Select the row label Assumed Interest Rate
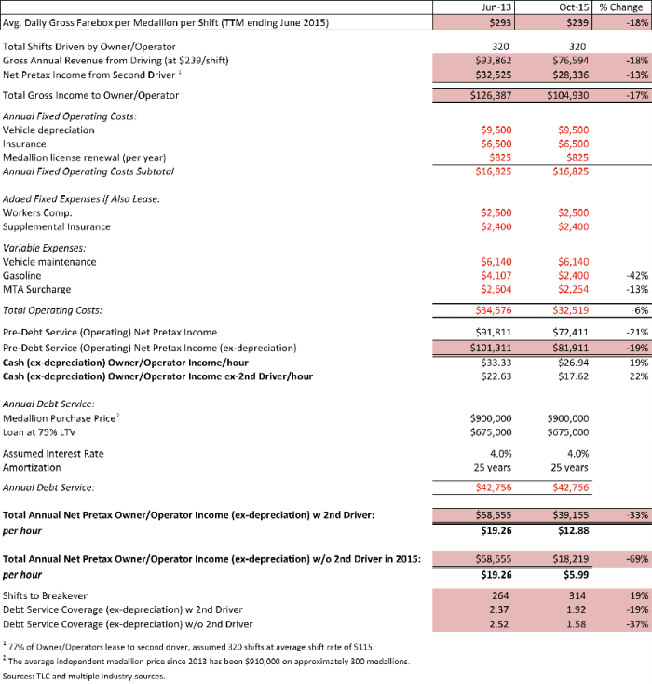point(53,454)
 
